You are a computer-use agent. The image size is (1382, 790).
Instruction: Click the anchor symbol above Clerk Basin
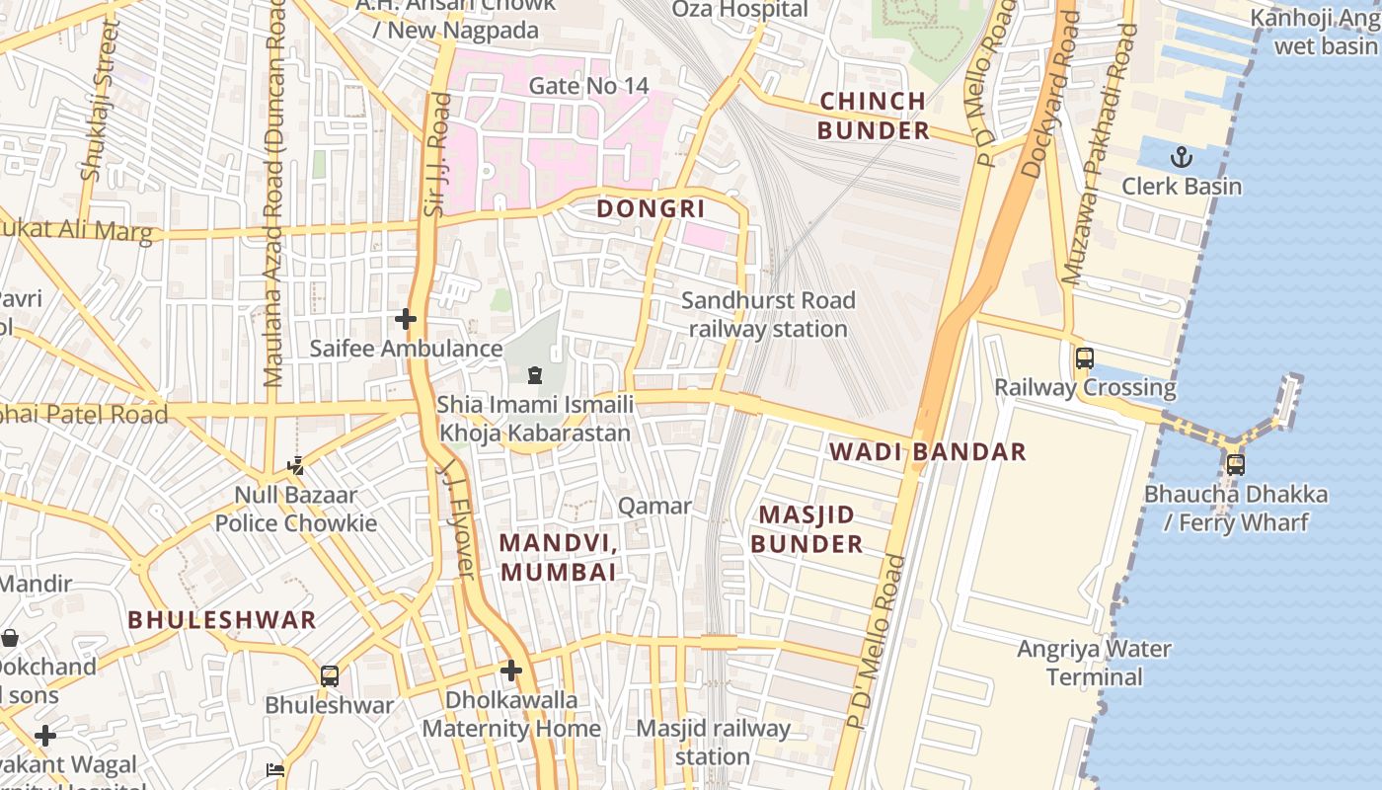coord(1181,157)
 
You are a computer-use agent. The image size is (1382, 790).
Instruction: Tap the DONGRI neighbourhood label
coord(651,208)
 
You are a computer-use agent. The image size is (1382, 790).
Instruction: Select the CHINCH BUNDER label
coord(873,116)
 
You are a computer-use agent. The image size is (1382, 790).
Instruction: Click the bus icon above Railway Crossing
coord(1085,358)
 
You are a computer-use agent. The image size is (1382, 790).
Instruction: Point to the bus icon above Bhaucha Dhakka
coord(1235,464)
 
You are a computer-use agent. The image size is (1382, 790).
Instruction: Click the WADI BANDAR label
coord(927,452)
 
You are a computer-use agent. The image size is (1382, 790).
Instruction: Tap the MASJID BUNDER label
coord(806,529)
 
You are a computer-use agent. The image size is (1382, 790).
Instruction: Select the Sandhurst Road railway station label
coord(768,315)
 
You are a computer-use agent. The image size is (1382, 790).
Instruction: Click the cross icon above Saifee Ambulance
coord(405,319)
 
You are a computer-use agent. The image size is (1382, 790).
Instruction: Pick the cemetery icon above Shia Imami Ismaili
coord(535,375)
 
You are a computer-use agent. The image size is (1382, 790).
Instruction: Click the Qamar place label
coord(654,507)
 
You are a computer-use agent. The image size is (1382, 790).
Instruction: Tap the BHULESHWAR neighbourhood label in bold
coord(222,620)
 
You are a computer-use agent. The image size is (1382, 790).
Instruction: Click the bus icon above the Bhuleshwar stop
coord(330,676)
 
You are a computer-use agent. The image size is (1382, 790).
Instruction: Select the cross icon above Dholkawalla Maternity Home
coord(510,671)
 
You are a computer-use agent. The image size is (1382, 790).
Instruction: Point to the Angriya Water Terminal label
coord(1094,663)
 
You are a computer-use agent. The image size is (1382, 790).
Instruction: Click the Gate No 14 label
coord(588,86)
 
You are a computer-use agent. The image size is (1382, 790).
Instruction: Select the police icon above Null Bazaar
coord(295,465)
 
